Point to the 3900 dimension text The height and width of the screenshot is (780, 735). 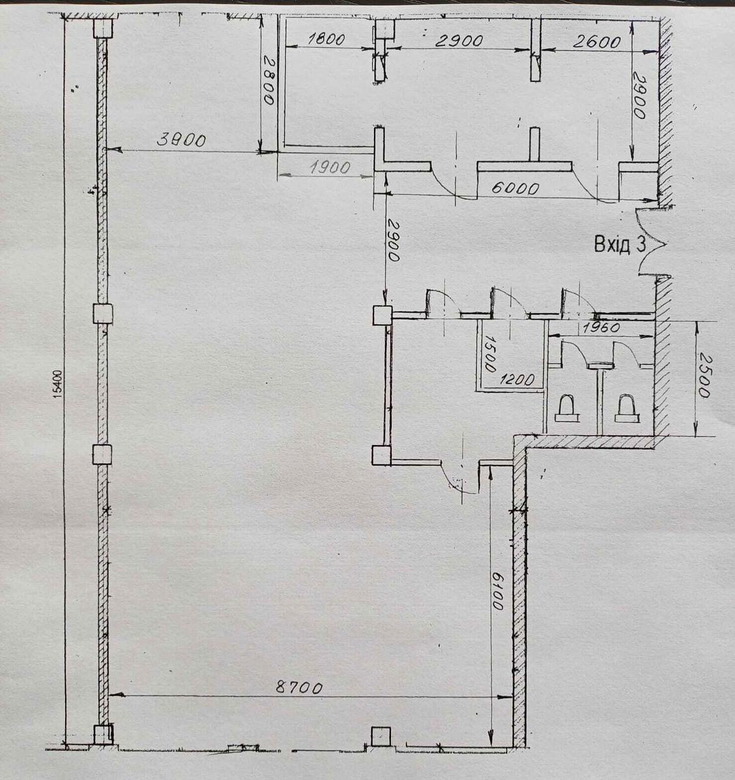click(x=181, y=140)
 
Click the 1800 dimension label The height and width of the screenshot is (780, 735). click(x=327, y=39)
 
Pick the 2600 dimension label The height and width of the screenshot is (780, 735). click(x=596, y=42)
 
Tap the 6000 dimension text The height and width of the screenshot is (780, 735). click(x=515, y=189)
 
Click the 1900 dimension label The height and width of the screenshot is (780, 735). click(x=330, y=168)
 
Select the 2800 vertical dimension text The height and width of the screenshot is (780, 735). click(x=269, y=81)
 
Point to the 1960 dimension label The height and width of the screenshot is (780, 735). click(x=600, y=328)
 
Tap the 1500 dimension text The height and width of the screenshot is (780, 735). click(x=490, y=354)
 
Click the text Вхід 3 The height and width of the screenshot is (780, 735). click(x=620, y=244)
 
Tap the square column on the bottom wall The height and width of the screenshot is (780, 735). click(x=381, y=736)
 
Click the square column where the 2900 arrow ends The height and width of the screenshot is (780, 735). click(x=382, y=316)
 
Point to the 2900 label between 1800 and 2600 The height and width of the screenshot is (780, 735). click(x=459, y=41)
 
